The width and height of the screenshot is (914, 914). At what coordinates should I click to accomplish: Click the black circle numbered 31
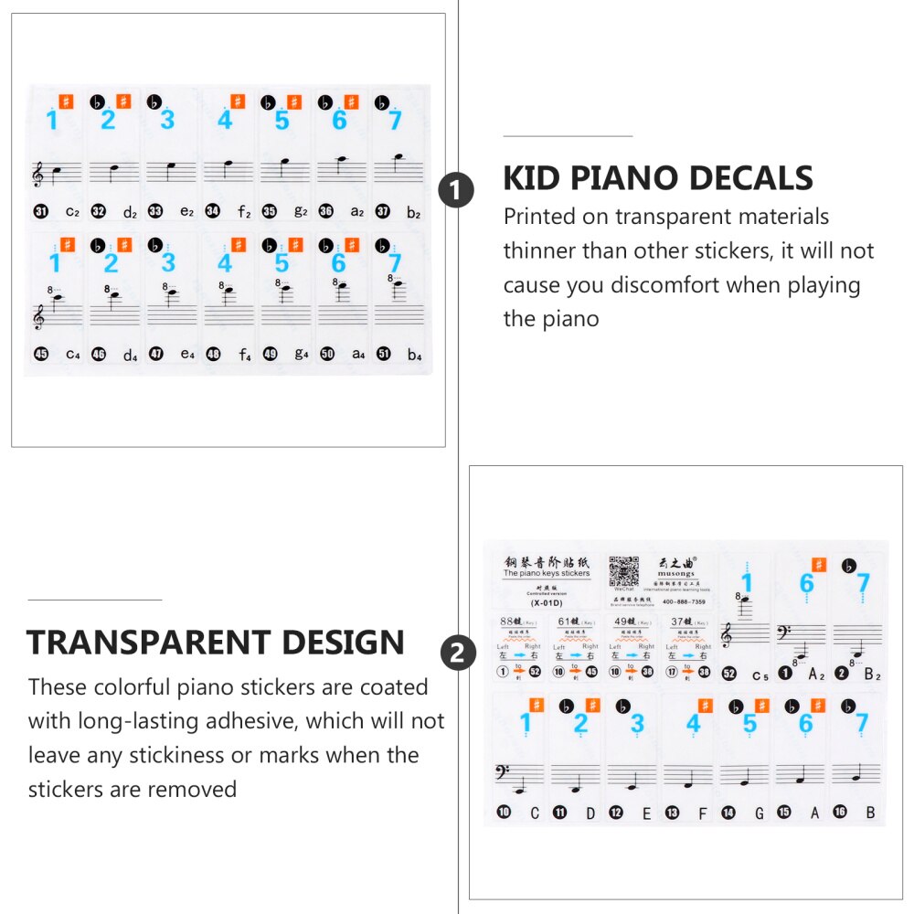[40, 211]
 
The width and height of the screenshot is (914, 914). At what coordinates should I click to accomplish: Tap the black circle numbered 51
[384, 354]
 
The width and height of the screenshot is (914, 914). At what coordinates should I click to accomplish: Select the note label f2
[244, 213]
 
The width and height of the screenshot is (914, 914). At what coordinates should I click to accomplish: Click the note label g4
[301, 356]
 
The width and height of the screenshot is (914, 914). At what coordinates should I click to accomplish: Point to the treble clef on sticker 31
[38, 175]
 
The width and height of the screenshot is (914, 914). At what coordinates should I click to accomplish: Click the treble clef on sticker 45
[38, 316]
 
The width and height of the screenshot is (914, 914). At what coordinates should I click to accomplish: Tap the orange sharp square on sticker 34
[238, 101]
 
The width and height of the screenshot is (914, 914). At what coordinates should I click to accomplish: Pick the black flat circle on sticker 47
[156, 245]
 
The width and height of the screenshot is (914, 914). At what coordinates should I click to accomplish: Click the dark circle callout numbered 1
[457, 192]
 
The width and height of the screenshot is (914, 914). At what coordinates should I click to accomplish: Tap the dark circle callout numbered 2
[458, 654]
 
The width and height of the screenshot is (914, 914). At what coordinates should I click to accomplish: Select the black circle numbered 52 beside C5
[728, 674]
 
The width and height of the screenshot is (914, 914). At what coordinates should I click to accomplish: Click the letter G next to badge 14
[758, 813]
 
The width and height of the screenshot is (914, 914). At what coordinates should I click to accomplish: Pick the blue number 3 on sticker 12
[636, 724]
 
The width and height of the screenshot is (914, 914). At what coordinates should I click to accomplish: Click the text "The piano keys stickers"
[547, 574]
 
